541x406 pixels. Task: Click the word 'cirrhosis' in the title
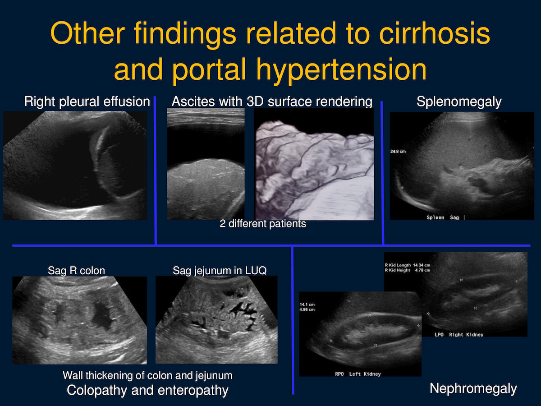435,33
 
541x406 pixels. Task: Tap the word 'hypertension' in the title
341,69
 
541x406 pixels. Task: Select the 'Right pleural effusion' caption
87,101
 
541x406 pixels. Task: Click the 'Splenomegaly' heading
459,101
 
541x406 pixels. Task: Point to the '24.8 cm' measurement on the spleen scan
398,152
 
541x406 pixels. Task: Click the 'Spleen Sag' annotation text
443,217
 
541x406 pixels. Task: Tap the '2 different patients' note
263,224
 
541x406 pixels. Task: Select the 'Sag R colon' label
76,271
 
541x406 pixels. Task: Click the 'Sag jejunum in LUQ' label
220,270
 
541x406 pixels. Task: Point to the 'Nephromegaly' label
473,389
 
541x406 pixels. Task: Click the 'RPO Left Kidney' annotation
358,374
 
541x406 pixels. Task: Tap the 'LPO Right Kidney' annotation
459,335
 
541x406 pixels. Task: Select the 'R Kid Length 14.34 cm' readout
408,265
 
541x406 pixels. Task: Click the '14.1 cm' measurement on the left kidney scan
307,304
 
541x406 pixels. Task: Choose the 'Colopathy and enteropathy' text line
147,390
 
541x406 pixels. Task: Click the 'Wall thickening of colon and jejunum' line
147,375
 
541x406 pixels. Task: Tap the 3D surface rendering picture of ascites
314,164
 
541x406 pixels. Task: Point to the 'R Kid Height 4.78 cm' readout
408,270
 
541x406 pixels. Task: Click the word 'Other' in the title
87,33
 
